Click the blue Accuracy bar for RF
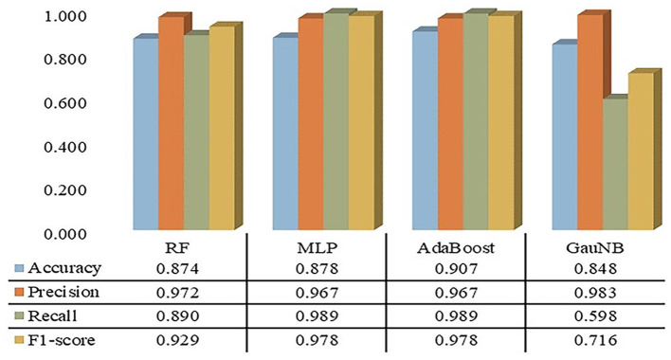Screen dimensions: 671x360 point(146,135)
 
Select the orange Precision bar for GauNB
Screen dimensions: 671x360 point(589,122)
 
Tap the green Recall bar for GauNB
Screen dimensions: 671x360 point(615,164)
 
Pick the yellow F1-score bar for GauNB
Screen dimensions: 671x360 point(641,152)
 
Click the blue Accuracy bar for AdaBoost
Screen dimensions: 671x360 point(425,131)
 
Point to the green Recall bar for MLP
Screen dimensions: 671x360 point(335,122)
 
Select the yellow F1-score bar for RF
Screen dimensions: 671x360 point(222,128)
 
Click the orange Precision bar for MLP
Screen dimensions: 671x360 point(311,124)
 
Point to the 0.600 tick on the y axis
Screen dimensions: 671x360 point(65,103)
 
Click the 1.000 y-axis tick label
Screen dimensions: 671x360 point(65,16)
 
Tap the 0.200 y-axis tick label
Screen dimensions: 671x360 point(65,190)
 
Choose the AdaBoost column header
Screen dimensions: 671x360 point(455,247)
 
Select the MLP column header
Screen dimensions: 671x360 point(317,248)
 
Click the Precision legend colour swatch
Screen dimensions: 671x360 point(20,293)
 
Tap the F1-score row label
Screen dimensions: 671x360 point(62,340)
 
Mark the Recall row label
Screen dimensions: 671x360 point(52,316)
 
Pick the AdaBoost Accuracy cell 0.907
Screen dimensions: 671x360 point(456,268)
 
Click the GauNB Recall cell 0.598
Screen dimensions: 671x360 point(596,316)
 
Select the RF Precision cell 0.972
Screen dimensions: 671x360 point(177,293)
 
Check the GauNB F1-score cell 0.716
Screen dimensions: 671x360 point(596,340)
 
